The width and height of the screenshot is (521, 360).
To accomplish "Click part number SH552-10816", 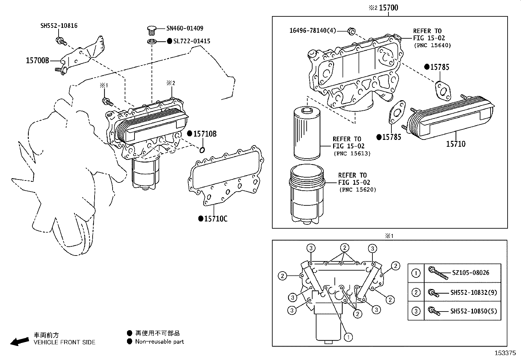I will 59,26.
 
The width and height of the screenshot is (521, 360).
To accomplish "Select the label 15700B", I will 37,61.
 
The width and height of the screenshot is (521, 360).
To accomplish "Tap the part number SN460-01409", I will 185,28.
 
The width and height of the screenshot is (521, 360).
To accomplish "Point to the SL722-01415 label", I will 191,41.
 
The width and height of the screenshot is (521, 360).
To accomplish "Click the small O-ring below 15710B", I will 202,150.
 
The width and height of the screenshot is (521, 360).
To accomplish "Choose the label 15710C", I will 215,219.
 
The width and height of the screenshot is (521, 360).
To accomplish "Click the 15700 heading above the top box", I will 388,8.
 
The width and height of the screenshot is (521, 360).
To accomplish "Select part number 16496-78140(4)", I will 313,31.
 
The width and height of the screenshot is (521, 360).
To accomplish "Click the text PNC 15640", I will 432,46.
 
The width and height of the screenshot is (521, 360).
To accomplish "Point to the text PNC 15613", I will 352,154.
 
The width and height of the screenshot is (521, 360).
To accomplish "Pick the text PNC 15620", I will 357,190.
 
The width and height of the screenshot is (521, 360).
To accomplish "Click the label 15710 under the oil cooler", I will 456,144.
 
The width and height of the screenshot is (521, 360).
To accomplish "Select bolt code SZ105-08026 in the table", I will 471,273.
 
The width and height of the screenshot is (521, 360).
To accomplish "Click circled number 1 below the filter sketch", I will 349,336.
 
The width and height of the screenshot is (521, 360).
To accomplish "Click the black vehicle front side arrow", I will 19,341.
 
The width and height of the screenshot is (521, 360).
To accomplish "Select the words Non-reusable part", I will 159,342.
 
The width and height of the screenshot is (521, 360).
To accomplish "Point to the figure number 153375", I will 505,353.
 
